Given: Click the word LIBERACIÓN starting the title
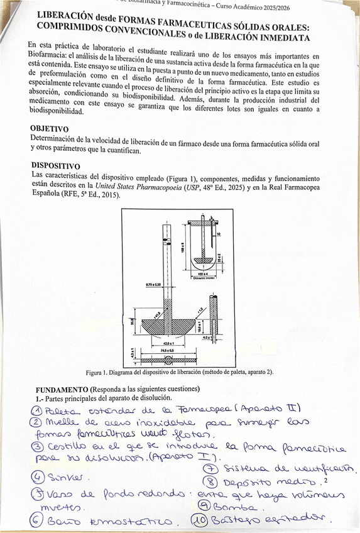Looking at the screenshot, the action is tap(65, 16).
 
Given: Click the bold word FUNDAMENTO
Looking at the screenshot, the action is tap(62, 390).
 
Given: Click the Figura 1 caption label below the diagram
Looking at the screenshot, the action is tap(100, 372).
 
